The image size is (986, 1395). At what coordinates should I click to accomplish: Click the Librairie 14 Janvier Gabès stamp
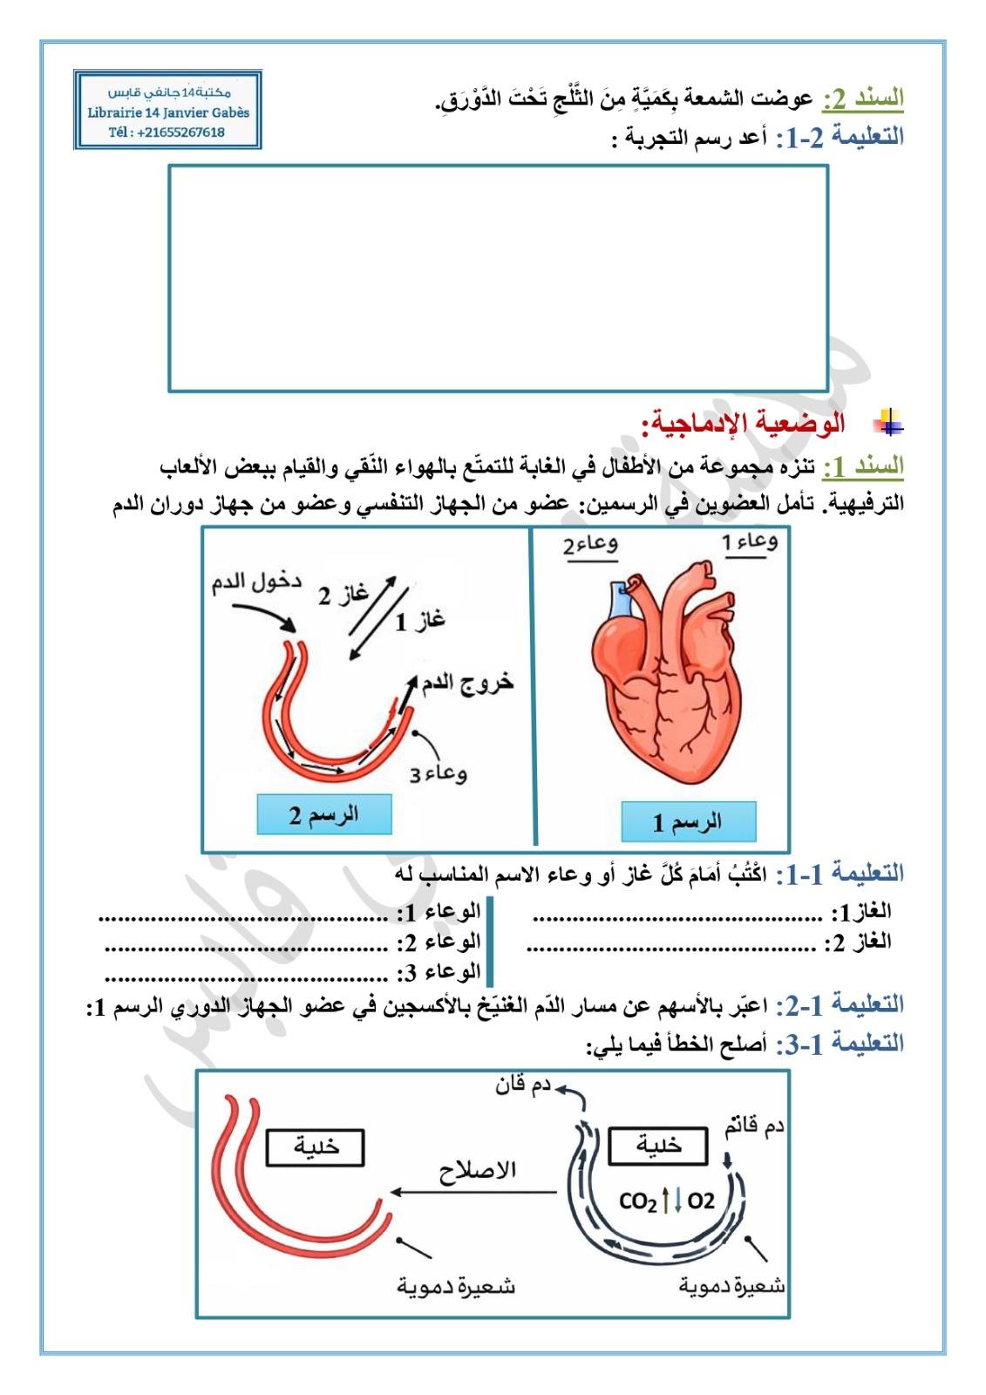coord(168,111)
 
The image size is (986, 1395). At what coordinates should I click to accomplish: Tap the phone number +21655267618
coord(180,133)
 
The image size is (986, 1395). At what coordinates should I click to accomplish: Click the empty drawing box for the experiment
coord(498,278)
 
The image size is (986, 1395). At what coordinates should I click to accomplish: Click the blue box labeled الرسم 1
coord(688,821)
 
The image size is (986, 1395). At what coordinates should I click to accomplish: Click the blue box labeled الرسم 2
coord(323,815)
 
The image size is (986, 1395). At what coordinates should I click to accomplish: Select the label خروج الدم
coord(467,683)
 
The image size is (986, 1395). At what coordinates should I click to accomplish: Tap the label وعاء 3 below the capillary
coord(439,773)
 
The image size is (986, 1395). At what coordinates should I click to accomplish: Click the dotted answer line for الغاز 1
coord(677,916)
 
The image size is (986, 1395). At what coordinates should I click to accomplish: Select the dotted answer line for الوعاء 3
coord(247,976)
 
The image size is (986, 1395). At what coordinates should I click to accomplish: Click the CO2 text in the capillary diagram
coord(638,1201)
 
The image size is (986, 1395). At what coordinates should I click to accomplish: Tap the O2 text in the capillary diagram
coord(701,1201)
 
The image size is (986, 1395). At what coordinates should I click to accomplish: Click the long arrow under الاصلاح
coord(473,1192)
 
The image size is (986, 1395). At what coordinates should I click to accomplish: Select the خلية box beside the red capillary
coord(316,1147)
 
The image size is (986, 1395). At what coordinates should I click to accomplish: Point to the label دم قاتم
coord(754,1126)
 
